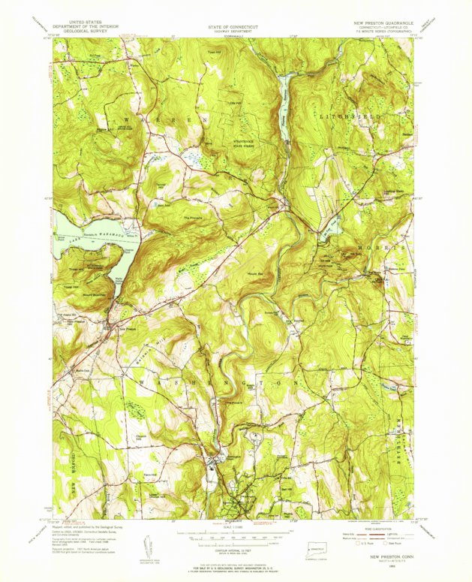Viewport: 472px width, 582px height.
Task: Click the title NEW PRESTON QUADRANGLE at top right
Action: (383, 23)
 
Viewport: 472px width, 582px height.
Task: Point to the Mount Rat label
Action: (255, 275)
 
